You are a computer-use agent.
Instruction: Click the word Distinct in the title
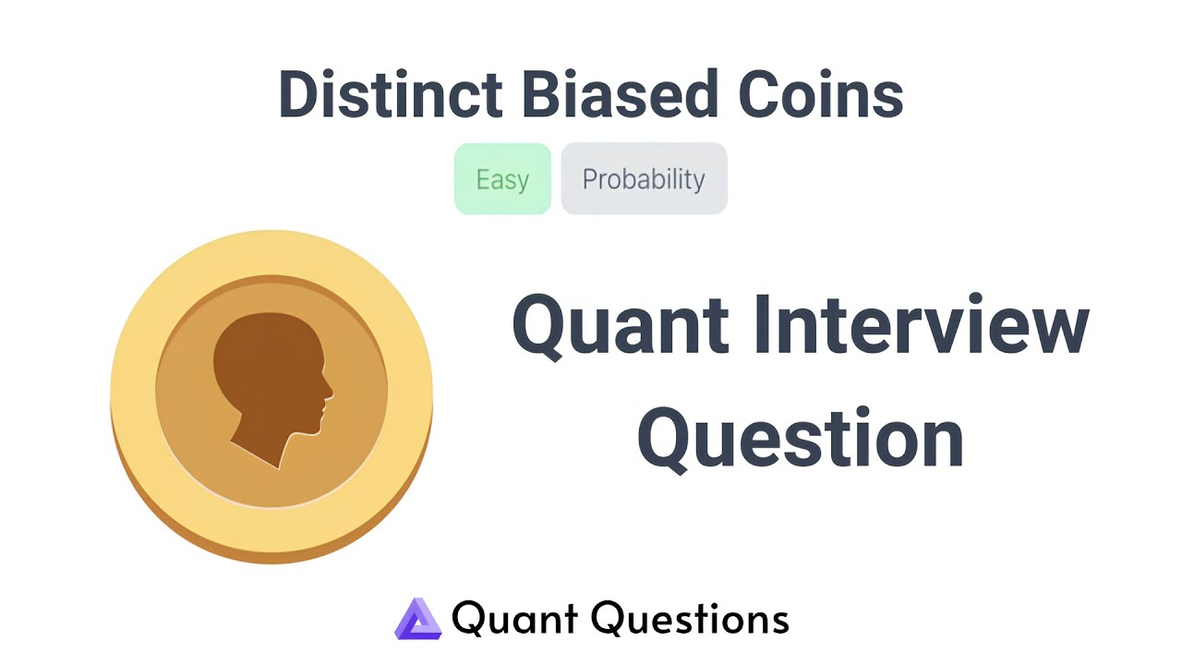click(391, 94)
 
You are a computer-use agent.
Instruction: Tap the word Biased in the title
click(620, 94)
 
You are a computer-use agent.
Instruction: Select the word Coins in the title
click(821, 94)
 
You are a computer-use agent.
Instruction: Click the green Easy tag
click(502, 179)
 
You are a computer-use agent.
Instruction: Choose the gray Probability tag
click(644, 179)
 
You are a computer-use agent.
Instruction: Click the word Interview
click(922, 323)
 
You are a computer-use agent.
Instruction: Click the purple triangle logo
click(418, 619)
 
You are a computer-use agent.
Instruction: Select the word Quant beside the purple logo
click(514, 618)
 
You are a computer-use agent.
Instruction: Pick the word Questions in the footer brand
click(690, 618)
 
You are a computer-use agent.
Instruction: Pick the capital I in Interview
click(762, 323)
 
